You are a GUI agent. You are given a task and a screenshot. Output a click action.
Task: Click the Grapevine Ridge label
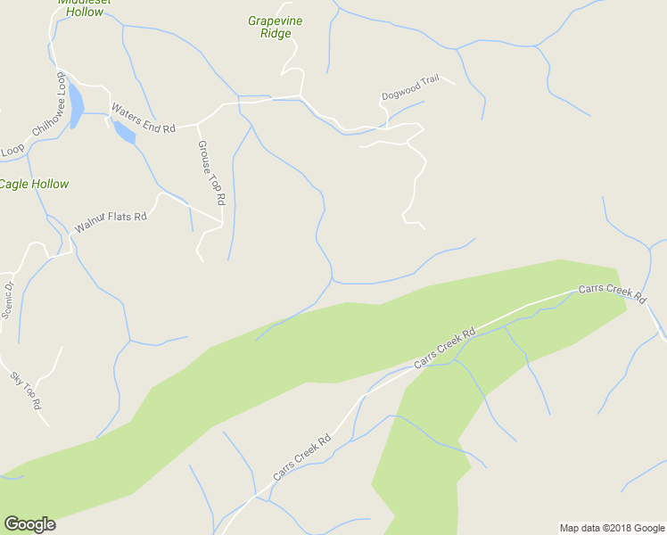[x=270, y=26]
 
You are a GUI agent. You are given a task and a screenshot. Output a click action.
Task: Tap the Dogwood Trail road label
[x=410, y=87]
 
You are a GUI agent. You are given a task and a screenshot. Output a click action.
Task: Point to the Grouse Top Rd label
[x=211, y=173]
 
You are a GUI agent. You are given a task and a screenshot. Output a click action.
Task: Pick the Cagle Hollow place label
[x=33, y=185]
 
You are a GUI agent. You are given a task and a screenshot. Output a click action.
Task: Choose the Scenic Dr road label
[x=8, y=300]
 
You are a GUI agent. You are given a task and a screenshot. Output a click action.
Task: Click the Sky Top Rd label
[x=26, y=391]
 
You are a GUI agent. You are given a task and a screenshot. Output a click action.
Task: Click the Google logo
[x=29, y=524]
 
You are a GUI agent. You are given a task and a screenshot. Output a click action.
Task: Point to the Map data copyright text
[x=611, y=528]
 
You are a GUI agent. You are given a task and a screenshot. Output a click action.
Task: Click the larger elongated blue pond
[x=76, y=106]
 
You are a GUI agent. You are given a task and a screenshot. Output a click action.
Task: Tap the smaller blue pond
[x=124, y=133]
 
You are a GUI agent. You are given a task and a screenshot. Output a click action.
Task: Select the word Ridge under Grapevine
[x=276, y=34]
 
